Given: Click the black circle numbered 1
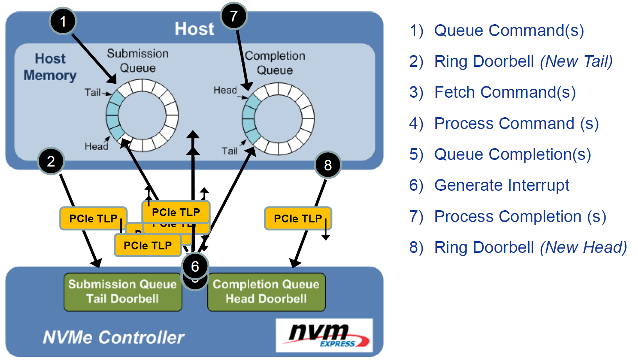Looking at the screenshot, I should click(x=63, y=21).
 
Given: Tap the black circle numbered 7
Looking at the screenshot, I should click(x=234, y=16).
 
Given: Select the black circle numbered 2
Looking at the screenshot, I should click(x=51, y=161).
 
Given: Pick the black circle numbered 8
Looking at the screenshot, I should click(x=328, y=165).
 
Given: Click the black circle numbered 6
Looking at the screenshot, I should click(x=195, y=267).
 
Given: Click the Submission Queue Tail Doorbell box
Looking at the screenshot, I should click(x=123, y=292).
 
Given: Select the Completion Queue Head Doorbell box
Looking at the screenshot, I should click(x=266, y=292).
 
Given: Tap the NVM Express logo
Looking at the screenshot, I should click(x=324, y=335).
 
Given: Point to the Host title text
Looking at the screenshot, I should click(x=194, y=29).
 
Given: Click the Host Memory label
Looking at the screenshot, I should click(x=50, y=67).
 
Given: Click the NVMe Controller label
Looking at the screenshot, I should click(x=113, y=337).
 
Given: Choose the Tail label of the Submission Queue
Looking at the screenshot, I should click(x=93, y=92).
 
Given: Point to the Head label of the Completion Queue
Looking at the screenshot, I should click(x=225, y=90).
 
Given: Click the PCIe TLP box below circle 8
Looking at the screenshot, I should click(x=298, y=219).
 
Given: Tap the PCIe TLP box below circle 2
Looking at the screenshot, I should click(x=93, y=219).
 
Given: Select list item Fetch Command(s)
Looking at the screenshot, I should click(x=505, y=93).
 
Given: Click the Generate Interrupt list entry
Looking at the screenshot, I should click(x=502, y=185).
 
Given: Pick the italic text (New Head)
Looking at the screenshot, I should click(x=583, y=247).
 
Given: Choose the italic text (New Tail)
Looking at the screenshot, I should click(x=576, y=61).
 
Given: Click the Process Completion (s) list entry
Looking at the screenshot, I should click(x=520, y=217).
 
